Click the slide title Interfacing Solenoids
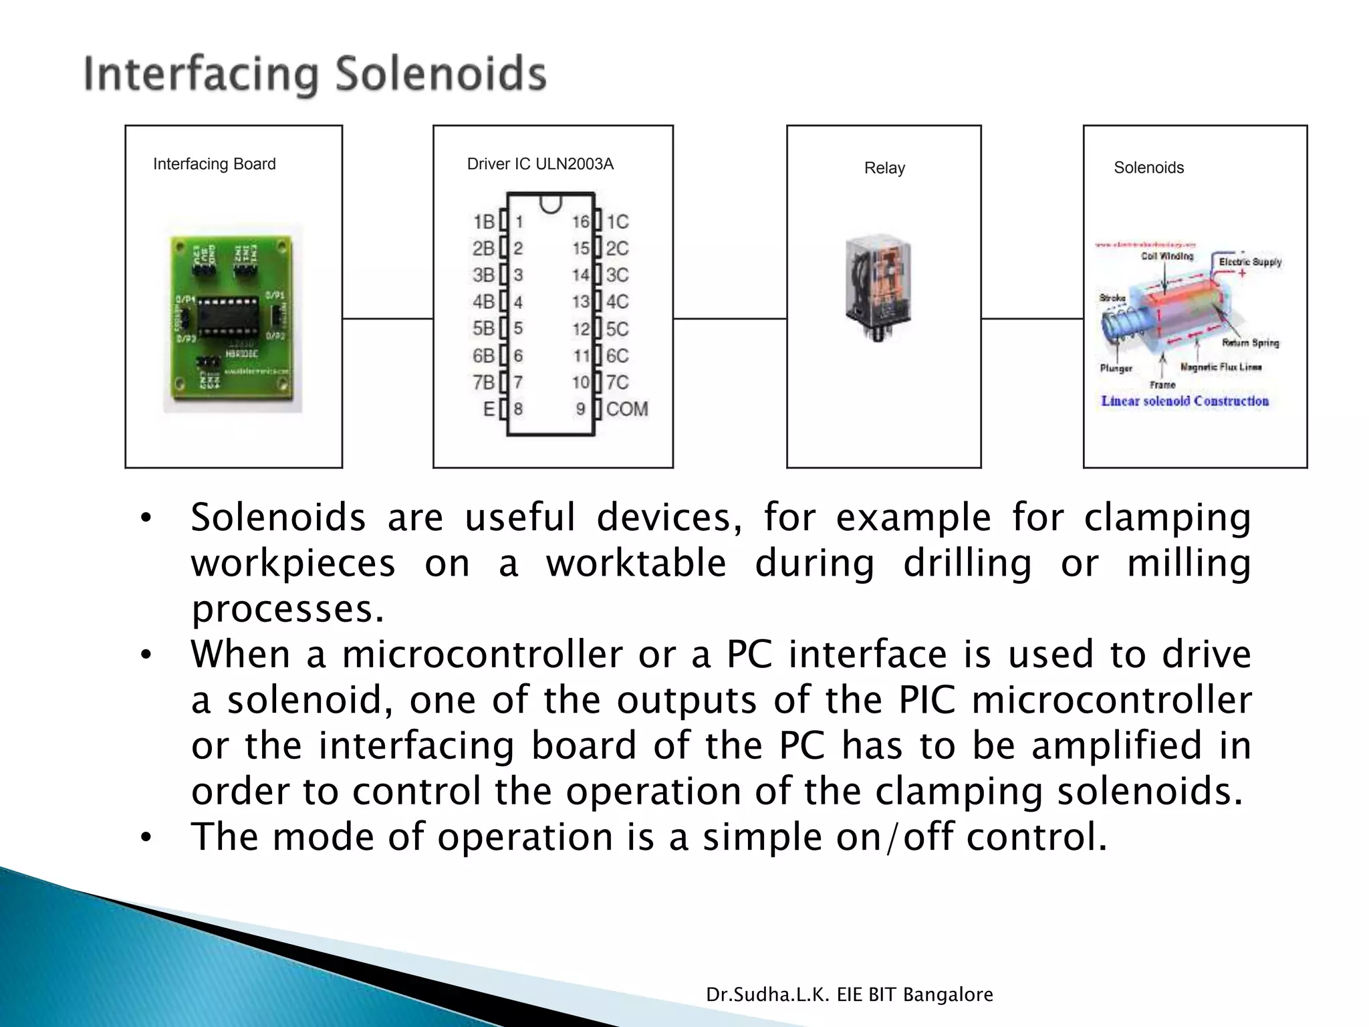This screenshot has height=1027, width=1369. pos(315,74)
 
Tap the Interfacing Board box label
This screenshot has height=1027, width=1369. pos(214,164)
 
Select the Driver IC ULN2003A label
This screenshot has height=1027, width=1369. pos(540,164)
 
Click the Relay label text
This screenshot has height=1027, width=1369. pos(884,168)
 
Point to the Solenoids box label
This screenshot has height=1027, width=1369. pos(1148,168)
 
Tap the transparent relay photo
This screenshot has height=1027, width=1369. pos(878,286)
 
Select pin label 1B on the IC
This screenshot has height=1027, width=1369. pos(483,221)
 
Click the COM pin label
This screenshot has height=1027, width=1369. pos(627,409)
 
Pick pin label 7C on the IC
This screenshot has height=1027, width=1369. pos(618,382)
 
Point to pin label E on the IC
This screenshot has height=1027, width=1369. pos(489,409)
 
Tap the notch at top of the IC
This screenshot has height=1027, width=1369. pos(550,203)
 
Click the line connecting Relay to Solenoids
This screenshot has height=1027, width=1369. pos(1032,319)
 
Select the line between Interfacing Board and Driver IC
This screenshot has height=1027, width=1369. pos(388,319)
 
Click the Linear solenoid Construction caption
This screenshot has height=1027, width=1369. pos(1185,401)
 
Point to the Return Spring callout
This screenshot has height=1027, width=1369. pos(1250,343)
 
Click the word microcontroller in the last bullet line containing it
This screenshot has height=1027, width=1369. pos(1111,700)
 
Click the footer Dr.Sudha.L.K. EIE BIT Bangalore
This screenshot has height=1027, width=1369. pos(849,995)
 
